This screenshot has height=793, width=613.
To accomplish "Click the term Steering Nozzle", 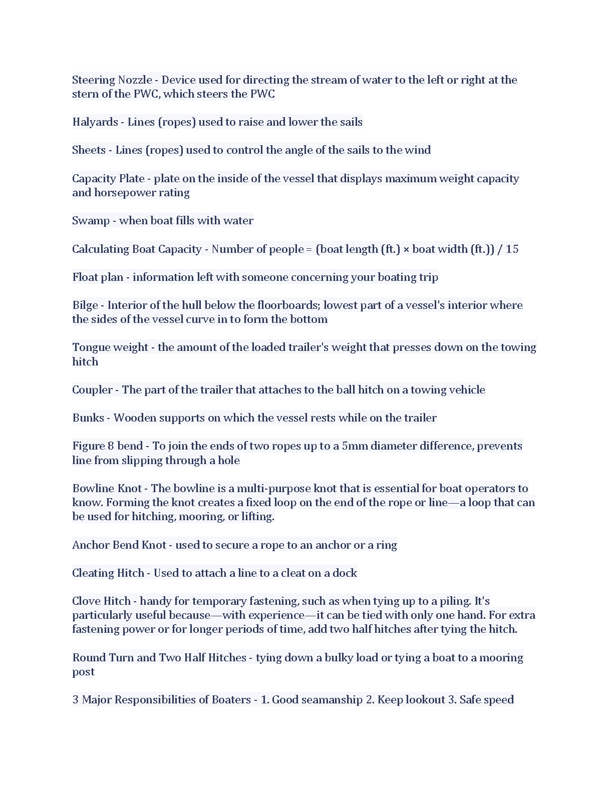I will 112,80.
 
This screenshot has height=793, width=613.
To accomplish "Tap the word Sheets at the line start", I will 89,150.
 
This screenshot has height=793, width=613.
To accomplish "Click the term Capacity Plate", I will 108,179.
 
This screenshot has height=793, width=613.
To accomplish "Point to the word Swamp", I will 91,221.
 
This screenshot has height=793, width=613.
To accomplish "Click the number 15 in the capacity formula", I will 512,249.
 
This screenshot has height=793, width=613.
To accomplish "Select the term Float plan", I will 98,277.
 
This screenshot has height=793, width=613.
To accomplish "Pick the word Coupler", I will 92,390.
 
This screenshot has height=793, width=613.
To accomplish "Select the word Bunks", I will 88,418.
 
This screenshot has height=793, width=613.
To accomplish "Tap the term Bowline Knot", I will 107,489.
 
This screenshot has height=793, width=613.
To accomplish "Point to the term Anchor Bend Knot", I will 119,545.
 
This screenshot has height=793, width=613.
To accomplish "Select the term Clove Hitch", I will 101,601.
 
